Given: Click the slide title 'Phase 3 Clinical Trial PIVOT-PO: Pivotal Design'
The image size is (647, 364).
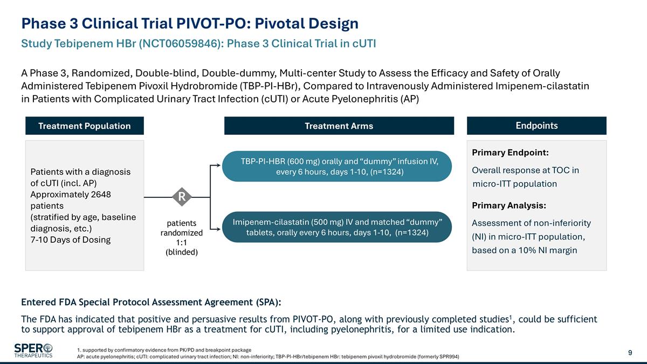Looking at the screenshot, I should [190, 23].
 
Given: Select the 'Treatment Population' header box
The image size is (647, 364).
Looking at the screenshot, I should [84, 126].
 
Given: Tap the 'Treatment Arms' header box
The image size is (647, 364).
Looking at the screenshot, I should [339, 126].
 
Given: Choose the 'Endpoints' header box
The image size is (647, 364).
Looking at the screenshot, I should [536, 126].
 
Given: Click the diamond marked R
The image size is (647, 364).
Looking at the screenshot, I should [182, 197].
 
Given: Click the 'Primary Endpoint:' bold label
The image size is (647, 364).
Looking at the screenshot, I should [510, 153].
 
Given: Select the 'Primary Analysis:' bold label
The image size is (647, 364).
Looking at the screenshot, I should [508, 205].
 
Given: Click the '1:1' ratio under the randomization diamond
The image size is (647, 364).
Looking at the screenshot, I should [182, 243].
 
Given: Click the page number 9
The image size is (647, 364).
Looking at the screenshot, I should [630, 353].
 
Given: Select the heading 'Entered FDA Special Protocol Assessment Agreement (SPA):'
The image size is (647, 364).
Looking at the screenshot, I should [151, 301].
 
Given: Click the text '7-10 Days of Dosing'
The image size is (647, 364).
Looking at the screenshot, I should [70, 239].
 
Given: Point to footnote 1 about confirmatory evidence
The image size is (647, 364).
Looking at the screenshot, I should [164, 350].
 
